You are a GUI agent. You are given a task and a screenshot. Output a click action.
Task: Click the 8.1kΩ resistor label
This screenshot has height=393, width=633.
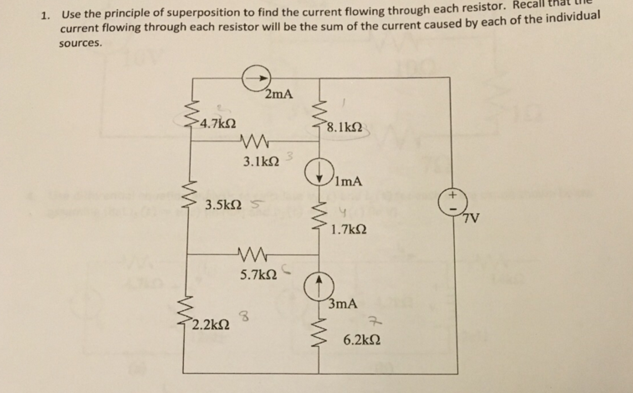pyautogui.click(x=345, y=128)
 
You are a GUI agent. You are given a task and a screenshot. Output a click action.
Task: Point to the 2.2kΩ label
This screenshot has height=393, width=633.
pyautogui.click(x=209, y=324)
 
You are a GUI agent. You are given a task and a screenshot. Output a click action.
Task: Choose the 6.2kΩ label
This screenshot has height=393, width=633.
pyautogui.click(x=362, y=341)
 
